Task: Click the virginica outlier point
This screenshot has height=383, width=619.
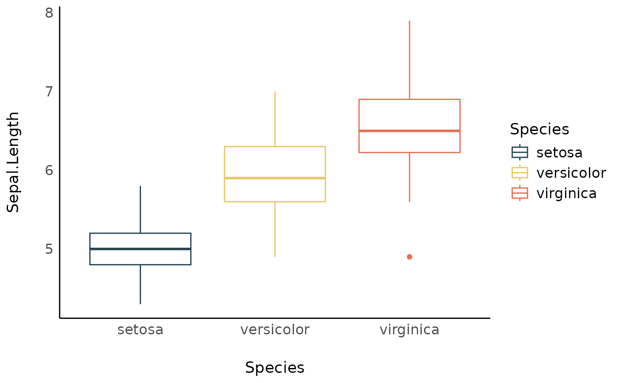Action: [x=409, y=257]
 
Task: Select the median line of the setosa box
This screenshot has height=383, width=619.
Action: [x=140, y=249]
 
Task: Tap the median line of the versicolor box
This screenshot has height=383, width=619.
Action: [x=275, y=178]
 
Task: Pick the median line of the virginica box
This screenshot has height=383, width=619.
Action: [x=409, y=131]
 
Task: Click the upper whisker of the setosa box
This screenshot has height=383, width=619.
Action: [x=140, y=210]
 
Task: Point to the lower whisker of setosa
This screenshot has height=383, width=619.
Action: [x=140, y=284]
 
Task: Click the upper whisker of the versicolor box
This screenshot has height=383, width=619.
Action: [x=275, y=119]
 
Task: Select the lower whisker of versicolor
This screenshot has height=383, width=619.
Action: [x=275, y=229]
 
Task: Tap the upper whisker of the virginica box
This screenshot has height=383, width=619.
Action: [x=409, y=60]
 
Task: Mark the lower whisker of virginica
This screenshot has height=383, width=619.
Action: [x=409, y=177]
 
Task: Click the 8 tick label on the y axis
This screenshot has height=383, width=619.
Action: [x=49, y=13]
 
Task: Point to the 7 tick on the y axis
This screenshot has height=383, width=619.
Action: [x=49, y=92]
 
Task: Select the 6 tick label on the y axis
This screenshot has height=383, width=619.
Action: [x=49, y=170]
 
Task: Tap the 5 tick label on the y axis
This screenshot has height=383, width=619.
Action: [x=49, y=249]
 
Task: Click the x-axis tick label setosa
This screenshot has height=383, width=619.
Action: [x=140, y=330]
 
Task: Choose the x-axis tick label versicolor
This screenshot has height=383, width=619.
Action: [x=275, y=330]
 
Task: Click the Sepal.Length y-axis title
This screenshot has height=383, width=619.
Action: [x=13, y=162]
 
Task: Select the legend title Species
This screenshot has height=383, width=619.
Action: [x=539, y=129]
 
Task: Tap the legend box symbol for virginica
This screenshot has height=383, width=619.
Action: [x=520, y=193]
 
